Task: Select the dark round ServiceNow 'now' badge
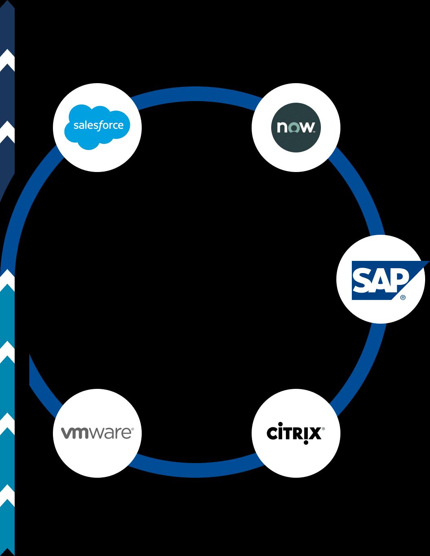(x=296, y=128)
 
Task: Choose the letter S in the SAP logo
(x=361, y=281)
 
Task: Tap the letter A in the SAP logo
(x=380, y=281)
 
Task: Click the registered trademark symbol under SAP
(x=403, y=298)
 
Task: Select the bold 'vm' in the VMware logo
(x=75, y=433)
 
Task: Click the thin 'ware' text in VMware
(x=111, y=433)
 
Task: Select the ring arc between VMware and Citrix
(x=195, y=470)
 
